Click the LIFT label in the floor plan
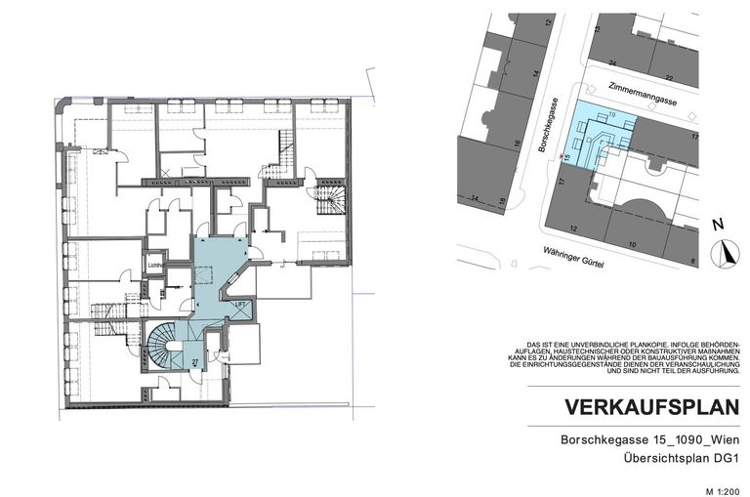click(x=240, y=305)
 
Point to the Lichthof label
click(x=154, y=264)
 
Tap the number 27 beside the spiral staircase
click(x=194, y=362)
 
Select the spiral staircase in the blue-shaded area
click(x=165, y=344)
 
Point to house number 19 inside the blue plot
click(x=611, y=115)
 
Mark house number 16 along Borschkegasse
click(x=517, y=143)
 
